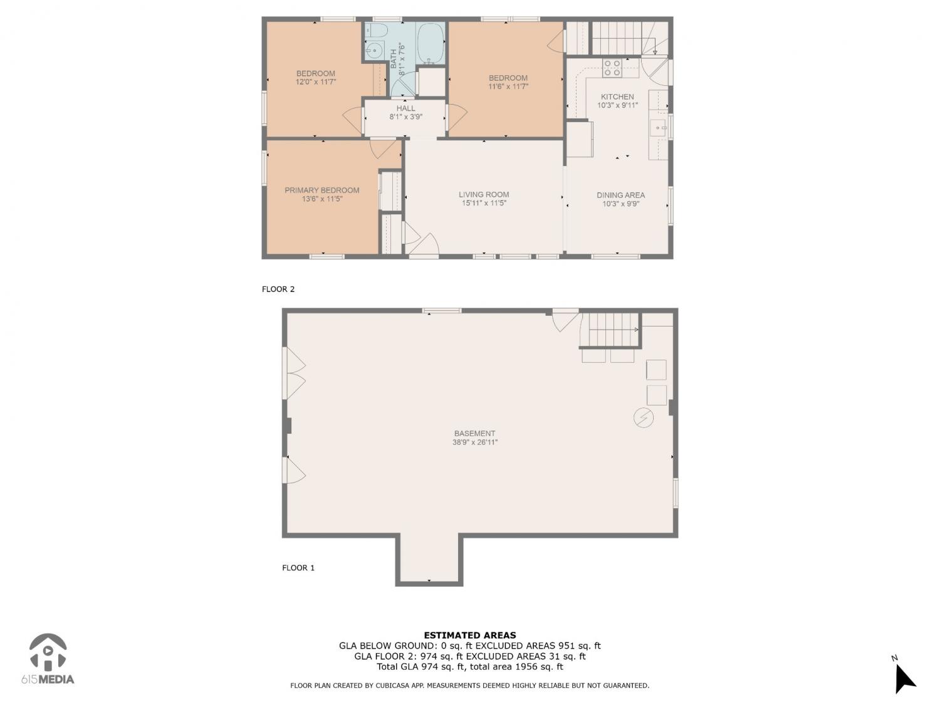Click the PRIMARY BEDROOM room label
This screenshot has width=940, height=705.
point(321,190)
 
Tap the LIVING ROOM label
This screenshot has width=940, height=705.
point(484,194)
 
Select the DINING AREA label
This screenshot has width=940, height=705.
point(620,195)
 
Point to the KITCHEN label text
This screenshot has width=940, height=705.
point(617,97)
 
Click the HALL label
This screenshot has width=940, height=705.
point(405,108)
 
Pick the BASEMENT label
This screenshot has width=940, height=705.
point(474,434)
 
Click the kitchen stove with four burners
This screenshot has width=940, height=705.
point(612,68)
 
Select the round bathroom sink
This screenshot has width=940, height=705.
point(375,51)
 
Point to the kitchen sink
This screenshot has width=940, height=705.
point(658,128)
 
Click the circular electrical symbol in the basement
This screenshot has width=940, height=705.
point(643,418)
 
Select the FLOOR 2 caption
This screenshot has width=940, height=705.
point(278,289)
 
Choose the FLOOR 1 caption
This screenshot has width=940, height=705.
point(298,568)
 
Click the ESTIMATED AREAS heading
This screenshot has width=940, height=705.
point(470,635)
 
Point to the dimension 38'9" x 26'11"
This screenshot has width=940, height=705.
point(475,442)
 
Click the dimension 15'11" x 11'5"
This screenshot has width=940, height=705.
point(484,203)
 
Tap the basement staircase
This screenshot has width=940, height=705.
point(609,330)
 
